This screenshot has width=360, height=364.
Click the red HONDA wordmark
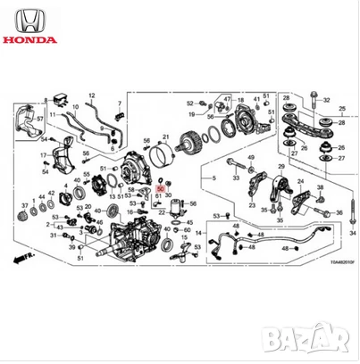[x=30, y=39]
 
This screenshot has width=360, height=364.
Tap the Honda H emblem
[x=30, y=19]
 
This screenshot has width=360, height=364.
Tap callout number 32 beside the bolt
[x=326, y=99]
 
